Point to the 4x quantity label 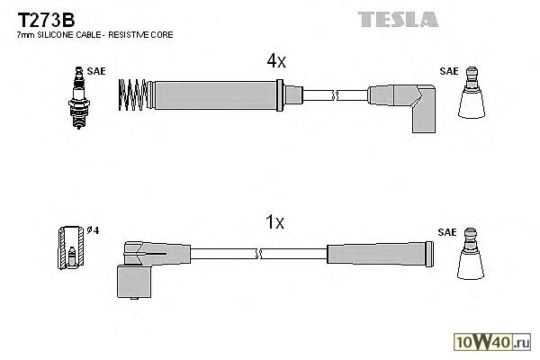[x=275, y=61]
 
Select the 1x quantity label [x=275, y=221]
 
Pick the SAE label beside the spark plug [x=94, y=68]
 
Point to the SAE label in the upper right [x=447, y=69]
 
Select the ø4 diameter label [x=92, y=230]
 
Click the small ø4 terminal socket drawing [x=69, y=246]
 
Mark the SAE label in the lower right [x=447, y=231]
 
